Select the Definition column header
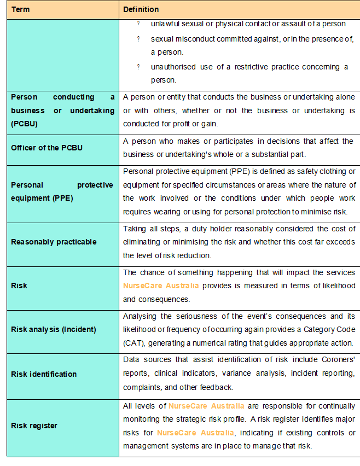tap(141, 9)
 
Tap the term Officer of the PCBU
tap(47, 148)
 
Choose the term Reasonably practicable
tap(54, 242)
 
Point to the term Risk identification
tap(44, 374)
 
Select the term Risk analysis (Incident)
tap(54, 329)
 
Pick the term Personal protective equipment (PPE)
tap(62, 191)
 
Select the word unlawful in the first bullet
tap(164, 24)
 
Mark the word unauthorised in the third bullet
tap(173, 67)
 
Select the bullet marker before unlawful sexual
tap(138, 24)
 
